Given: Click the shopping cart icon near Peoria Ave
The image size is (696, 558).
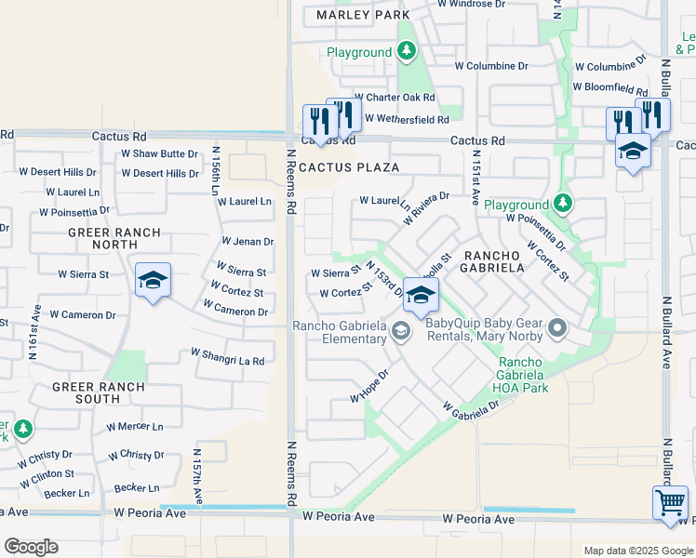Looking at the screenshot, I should coord(670,503).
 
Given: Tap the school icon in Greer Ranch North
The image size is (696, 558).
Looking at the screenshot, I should coord(154,280).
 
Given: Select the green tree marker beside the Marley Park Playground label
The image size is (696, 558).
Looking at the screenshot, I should coord(407,52).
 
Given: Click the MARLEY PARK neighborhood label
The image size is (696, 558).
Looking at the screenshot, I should coord(363,16).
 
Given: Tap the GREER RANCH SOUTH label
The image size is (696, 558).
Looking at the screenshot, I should coord(99,392).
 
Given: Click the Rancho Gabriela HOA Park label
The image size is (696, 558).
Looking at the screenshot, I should coord(523,375).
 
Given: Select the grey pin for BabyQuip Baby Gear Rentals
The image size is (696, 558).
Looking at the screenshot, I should coord(557,327).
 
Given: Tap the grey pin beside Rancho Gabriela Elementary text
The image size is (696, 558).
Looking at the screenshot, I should coord(400,330).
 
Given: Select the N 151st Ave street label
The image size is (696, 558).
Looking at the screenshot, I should coord(475,178).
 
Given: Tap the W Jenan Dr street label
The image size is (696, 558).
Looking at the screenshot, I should coord(247,242).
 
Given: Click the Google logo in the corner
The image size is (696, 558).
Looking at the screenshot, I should coord(31,547).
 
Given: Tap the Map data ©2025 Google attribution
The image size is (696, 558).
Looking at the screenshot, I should coord(637,551).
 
